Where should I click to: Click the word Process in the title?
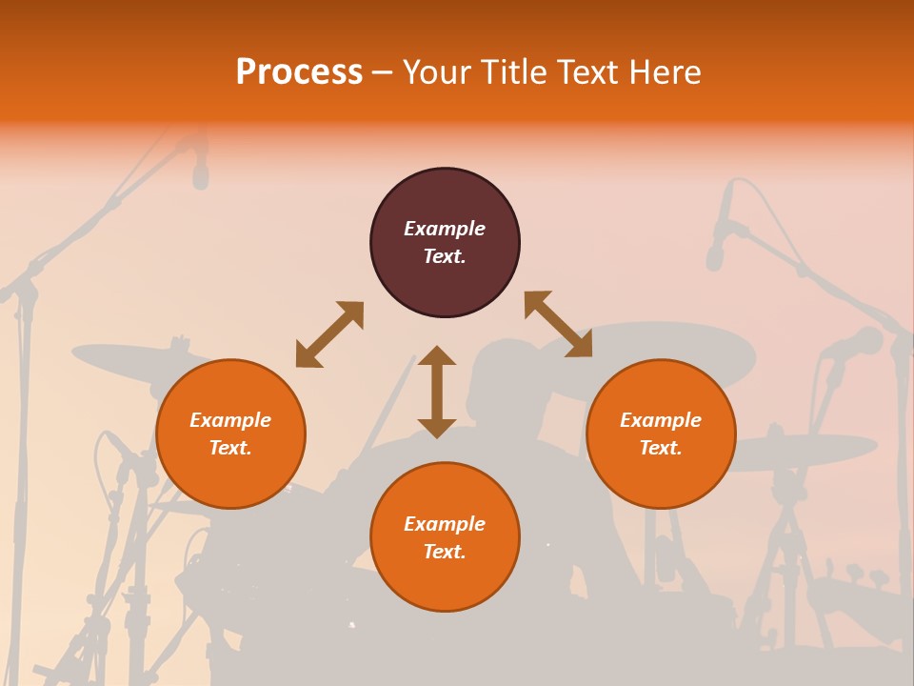[299, 72]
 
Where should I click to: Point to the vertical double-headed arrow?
[437, 392]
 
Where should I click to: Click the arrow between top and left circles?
[329, 334]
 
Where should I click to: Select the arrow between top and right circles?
[558, 324]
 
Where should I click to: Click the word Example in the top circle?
[445, 229]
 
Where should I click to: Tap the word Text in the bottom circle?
[443, 553]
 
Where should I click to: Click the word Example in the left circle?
[230, 420]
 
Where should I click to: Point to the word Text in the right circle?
[659, 448]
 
